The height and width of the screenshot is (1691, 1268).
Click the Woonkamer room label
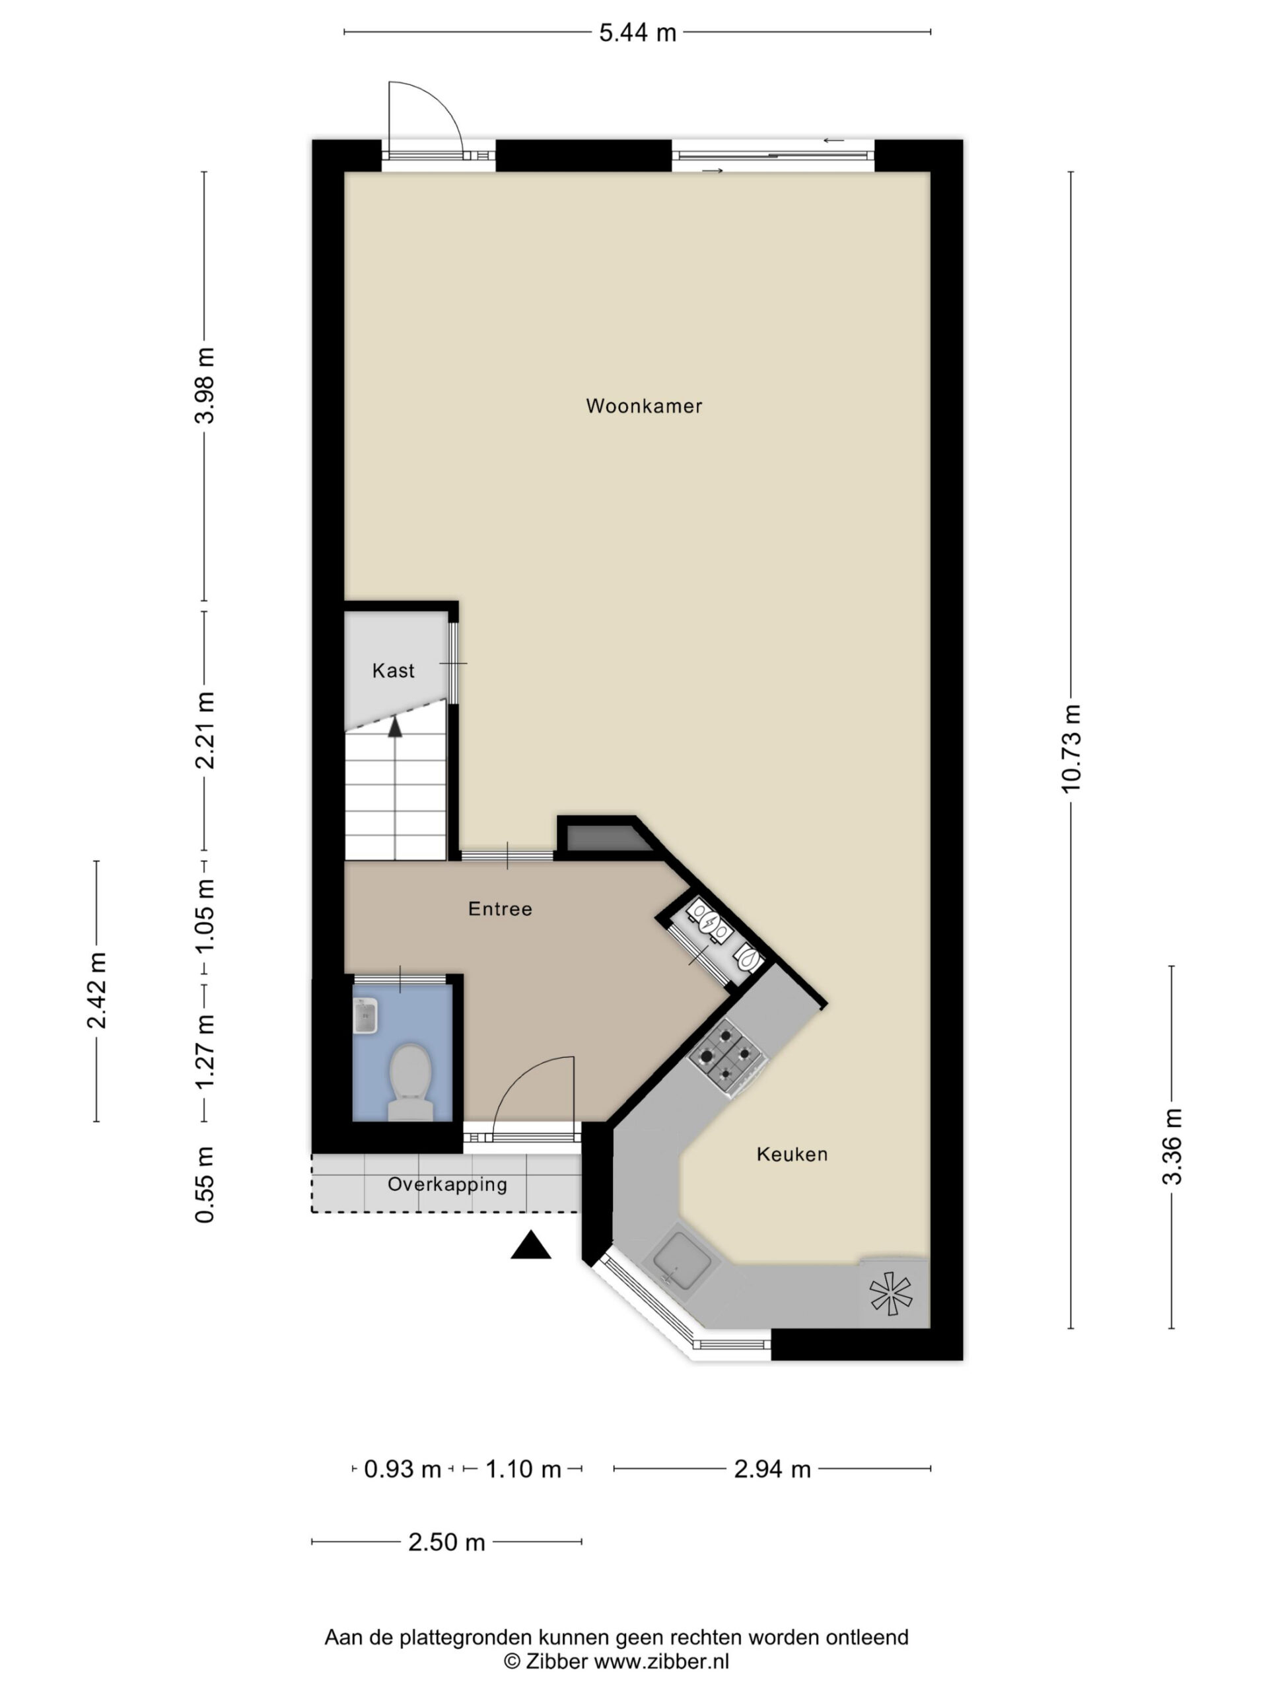643,406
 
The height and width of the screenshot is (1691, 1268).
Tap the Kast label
393,670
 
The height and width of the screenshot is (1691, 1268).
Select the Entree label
500,908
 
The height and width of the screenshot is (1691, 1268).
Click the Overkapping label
447,1184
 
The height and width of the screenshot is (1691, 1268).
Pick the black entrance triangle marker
530,1245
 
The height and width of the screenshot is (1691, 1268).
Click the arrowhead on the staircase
394,727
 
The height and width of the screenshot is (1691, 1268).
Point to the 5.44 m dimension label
637,33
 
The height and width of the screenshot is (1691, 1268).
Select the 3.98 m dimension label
205,385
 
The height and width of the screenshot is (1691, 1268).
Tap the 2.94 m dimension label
772,1468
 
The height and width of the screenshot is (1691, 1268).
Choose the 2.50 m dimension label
446,1542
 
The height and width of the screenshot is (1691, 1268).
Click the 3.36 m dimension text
1172,1147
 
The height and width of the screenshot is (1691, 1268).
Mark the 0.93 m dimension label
402,1468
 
